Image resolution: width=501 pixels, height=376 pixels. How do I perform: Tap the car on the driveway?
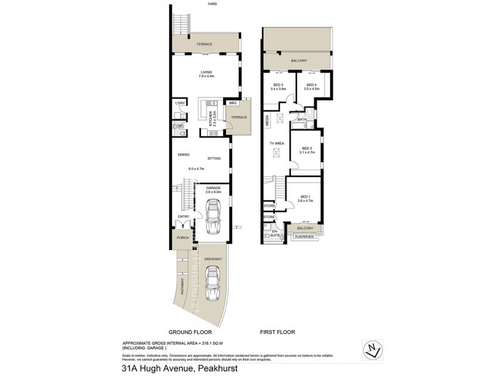point(213,285)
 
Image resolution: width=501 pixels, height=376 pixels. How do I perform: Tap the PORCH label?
point(183,238)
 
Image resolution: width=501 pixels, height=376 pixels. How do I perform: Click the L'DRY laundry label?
point(180,103)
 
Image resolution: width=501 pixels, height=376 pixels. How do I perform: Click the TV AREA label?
point(277,144)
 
